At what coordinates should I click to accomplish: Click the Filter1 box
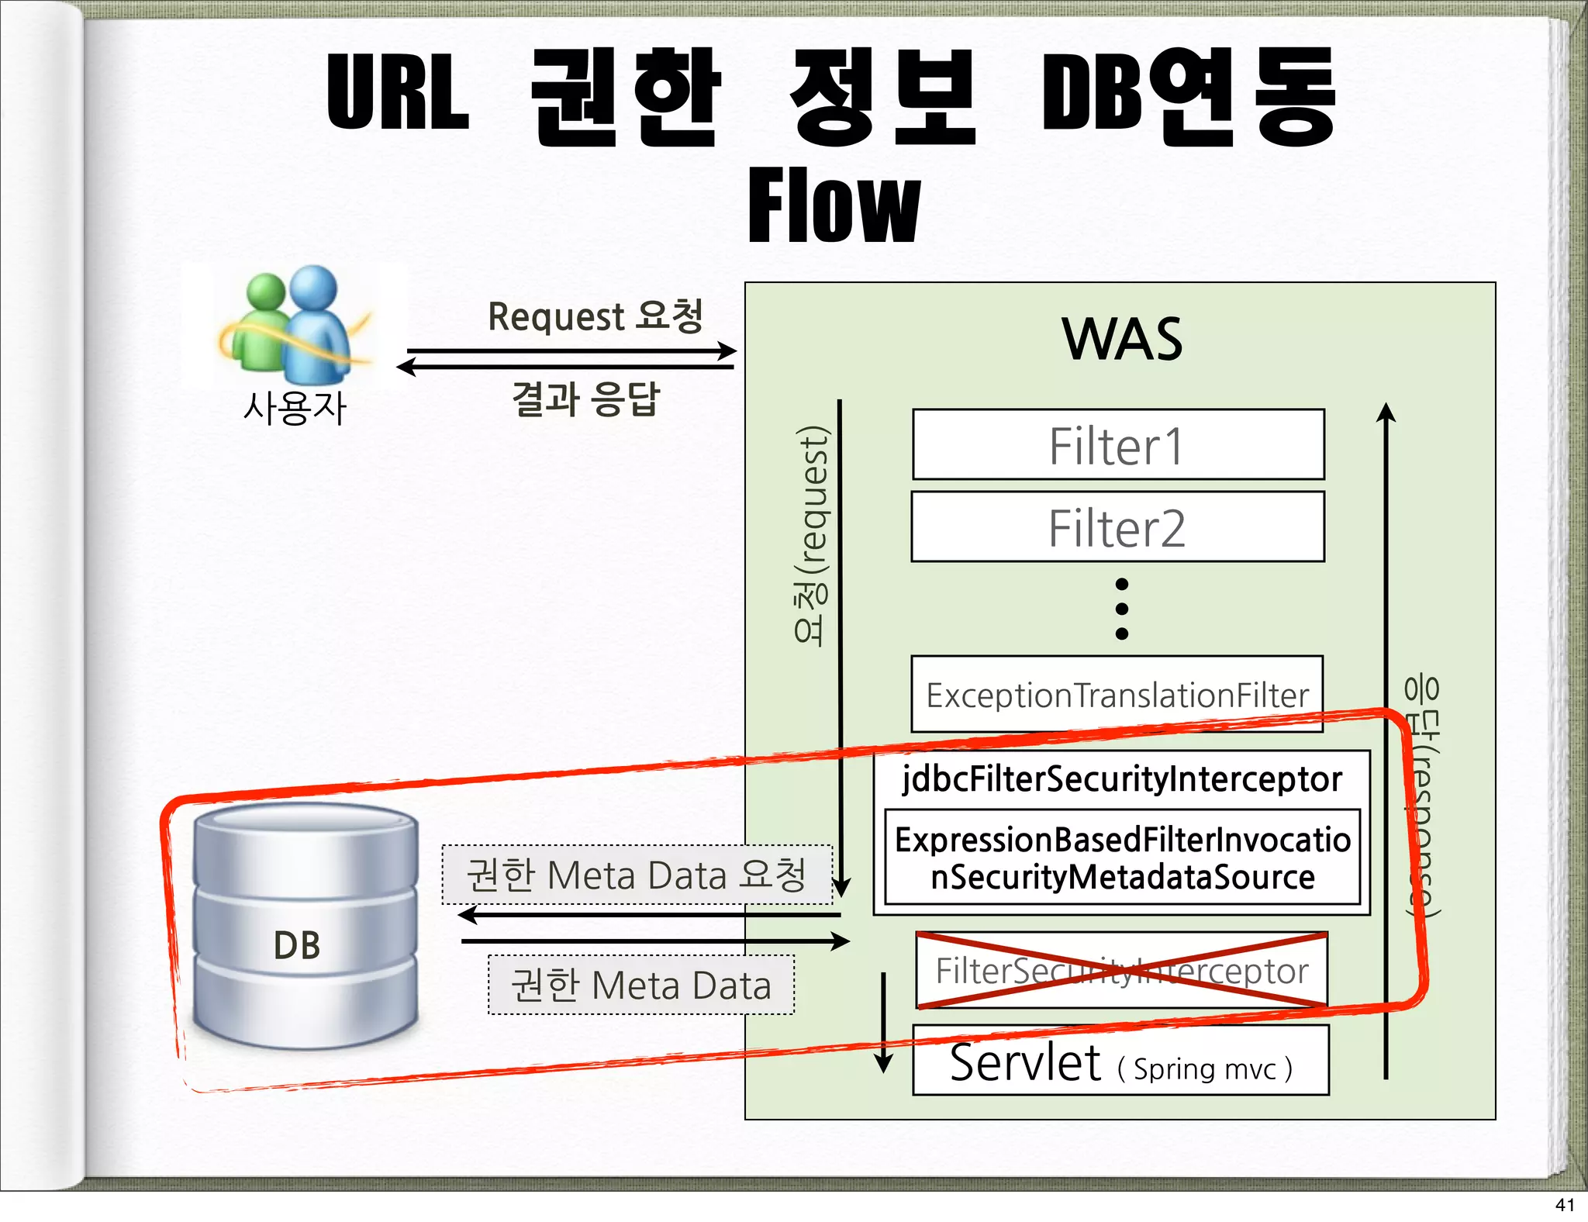pyautogui.click(x=1118, y=445)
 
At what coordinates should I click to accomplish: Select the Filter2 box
pyautogui.click(x=1118, y=527)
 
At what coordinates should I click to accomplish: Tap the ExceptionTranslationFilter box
pyautogui.click(x=1117, y=695)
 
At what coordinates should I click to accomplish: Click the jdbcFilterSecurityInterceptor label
pyautogui.click(x=1122, y=778)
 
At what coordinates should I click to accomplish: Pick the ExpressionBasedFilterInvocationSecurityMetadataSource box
pyautogui.click(x=1122, y=858)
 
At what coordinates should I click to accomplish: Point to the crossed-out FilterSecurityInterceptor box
pyautogui.click(x=1122, y=971)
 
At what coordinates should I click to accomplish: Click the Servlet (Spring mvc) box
pyautogui.click(x=1121, y=1061)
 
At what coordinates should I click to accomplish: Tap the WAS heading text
pyautogui.click(x=1122, y=340)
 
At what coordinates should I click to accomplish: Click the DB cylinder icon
pyautogui.click(x=306, y=927)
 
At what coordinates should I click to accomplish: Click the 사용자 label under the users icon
pyautogui.click(x=295, y=408)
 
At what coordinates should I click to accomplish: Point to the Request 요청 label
pyautogui.click(x=595, y=316)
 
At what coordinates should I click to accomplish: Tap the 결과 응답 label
pyautogui.click(x=585, y=400)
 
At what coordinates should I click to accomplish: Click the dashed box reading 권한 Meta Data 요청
pyautogui.click(x=637, y=875)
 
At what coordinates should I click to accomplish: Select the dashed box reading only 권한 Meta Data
pyautogui.click(x=641, y=986)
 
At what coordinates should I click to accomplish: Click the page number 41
pyautogui.click(x=1565, y=1205)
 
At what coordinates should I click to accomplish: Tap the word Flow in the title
pyautogui.click(x=834, y=206)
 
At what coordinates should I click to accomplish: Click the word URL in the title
pyautogui.click(x=398, y=93)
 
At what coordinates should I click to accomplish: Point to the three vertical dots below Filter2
pyautogui.click(x=1121, y=609)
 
